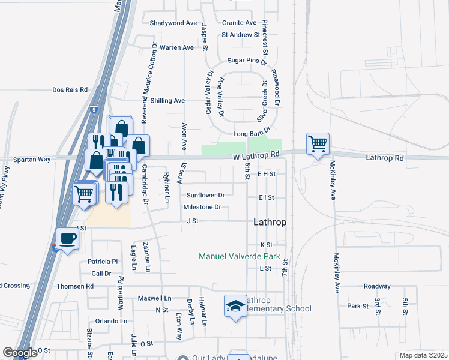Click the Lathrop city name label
270,221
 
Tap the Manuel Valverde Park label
240,256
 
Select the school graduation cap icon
236,307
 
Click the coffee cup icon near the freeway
67,239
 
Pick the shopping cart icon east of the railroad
318,144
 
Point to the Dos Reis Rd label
70,89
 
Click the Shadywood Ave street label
173,23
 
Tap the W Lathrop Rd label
257,155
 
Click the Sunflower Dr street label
205,195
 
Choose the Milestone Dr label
202,208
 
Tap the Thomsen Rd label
75,286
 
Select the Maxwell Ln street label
154,298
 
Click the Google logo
20,353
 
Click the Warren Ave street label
176,47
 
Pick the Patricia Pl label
103,262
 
